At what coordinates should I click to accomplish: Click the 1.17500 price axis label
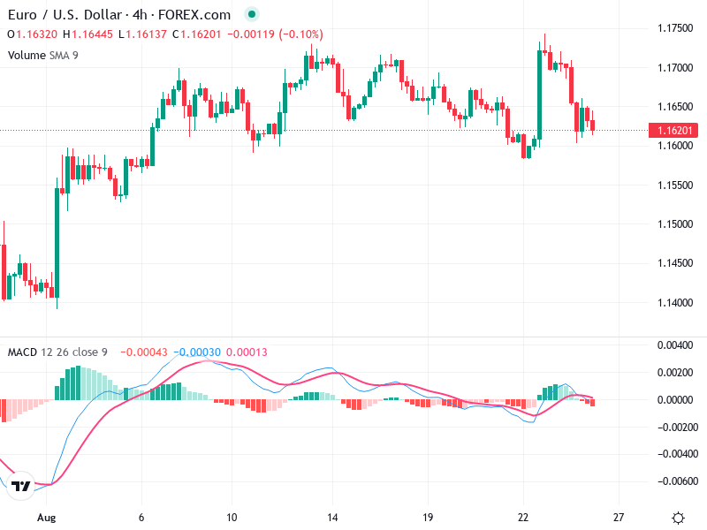pos(675,28)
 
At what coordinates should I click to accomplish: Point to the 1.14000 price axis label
pos(675,303)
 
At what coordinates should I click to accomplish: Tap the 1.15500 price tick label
pos(675,185)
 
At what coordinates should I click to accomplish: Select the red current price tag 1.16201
pos(675,131)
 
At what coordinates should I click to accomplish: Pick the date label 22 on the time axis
pos(523,518)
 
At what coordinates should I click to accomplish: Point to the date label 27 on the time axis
pos(619,518)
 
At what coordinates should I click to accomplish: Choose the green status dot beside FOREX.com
pos(252,14)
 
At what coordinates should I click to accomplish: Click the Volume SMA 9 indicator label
pos(43,55)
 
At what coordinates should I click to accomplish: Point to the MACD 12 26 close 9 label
pos(57,352)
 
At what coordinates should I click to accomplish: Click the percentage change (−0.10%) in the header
pos(301,34)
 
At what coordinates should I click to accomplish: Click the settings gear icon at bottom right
pos(678,518)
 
